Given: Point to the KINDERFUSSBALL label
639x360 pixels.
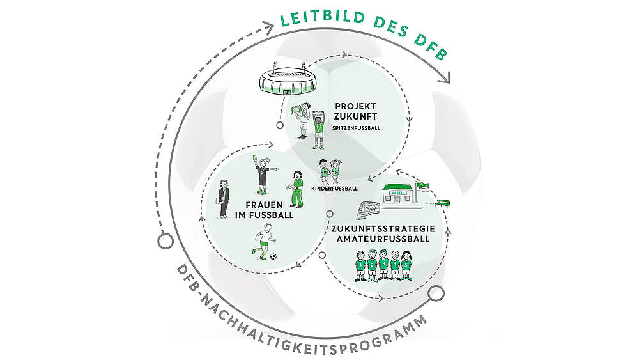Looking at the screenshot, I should (x=333, y=189).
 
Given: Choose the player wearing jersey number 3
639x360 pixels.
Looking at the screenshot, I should (x=383, y=267).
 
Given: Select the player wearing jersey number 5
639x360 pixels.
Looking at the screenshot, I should (x=406, y=267).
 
